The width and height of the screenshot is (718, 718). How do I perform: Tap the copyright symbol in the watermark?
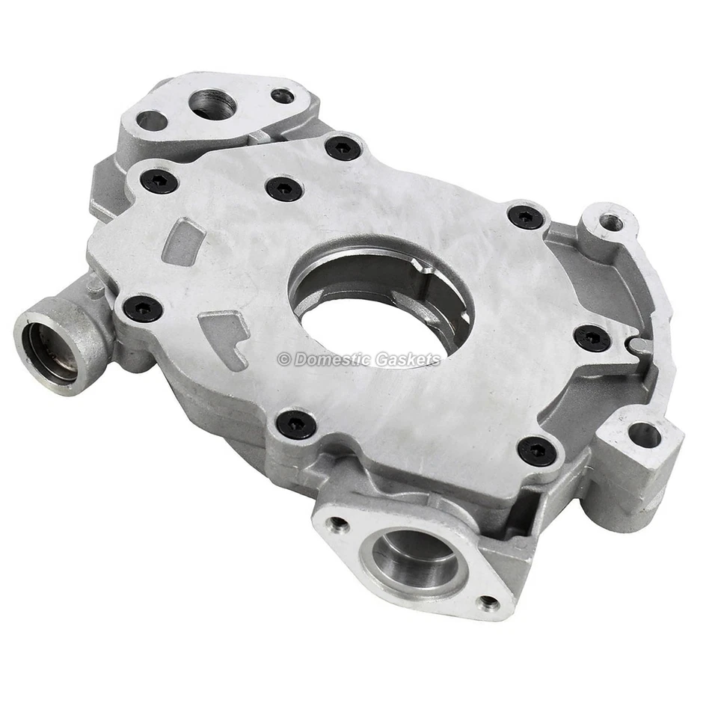(x=283, y=359)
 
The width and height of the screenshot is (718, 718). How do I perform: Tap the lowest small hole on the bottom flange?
(x=488, y=601)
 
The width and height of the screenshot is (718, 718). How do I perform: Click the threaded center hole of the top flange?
(x=212, y=104)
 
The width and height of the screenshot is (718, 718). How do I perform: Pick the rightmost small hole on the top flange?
(x=282, y=96)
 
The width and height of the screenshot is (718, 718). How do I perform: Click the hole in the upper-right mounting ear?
(x=612, y=222)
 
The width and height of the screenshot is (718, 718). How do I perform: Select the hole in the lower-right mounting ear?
(x=644, y=435)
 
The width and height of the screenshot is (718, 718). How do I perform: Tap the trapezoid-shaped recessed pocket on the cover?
(x=184, y=242)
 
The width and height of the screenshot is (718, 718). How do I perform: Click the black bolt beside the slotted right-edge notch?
(x=593, y=338)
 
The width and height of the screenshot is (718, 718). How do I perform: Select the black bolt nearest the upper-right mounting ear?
(x=527, y=217)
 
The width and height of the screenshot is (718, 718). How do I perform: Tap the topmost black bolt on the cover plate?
(x=343, y=148)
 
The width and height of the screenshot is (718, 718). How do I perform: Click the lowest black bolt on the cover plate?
(x=537, y=451)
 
